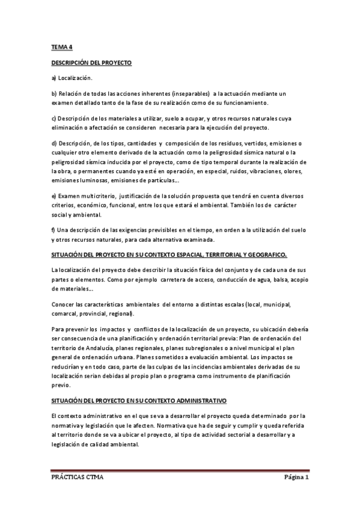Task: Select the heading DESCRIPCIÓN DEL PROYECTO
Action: [91, 62]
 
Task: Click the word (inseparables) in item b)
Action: [191, 93]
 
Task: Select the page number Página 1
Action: [296, 478]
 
